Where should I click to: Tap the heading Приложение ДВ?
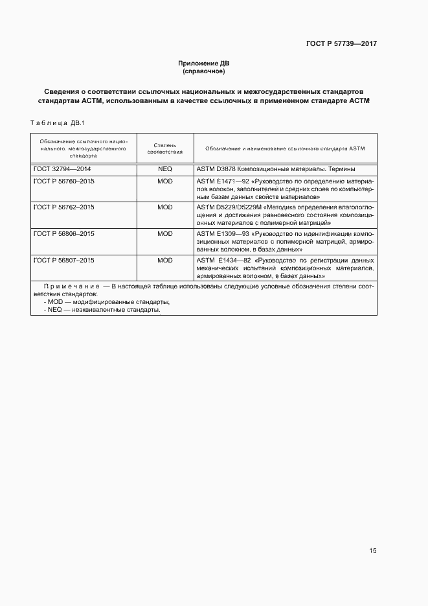(204, 63)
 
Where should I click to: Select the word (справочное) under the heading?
(204, 71)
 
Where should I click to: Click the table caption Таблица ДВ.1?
(58, 123)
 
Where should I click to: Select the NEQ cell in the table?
(165, 169)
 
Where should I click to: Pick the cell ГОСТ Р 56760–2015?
(63, 181)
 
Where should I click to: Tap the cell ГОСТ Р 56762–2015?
(63, 207)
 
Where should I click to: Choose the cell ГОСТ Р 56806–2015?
(63, 233)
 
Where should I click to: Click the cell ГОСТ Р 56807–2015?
(63, 260)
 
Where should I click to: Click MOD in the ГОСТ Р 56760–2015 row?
(165, 181)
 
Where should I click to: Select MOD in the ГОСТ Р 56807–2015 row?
(165, 260)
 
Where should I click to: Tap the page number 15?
(373, 551)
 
